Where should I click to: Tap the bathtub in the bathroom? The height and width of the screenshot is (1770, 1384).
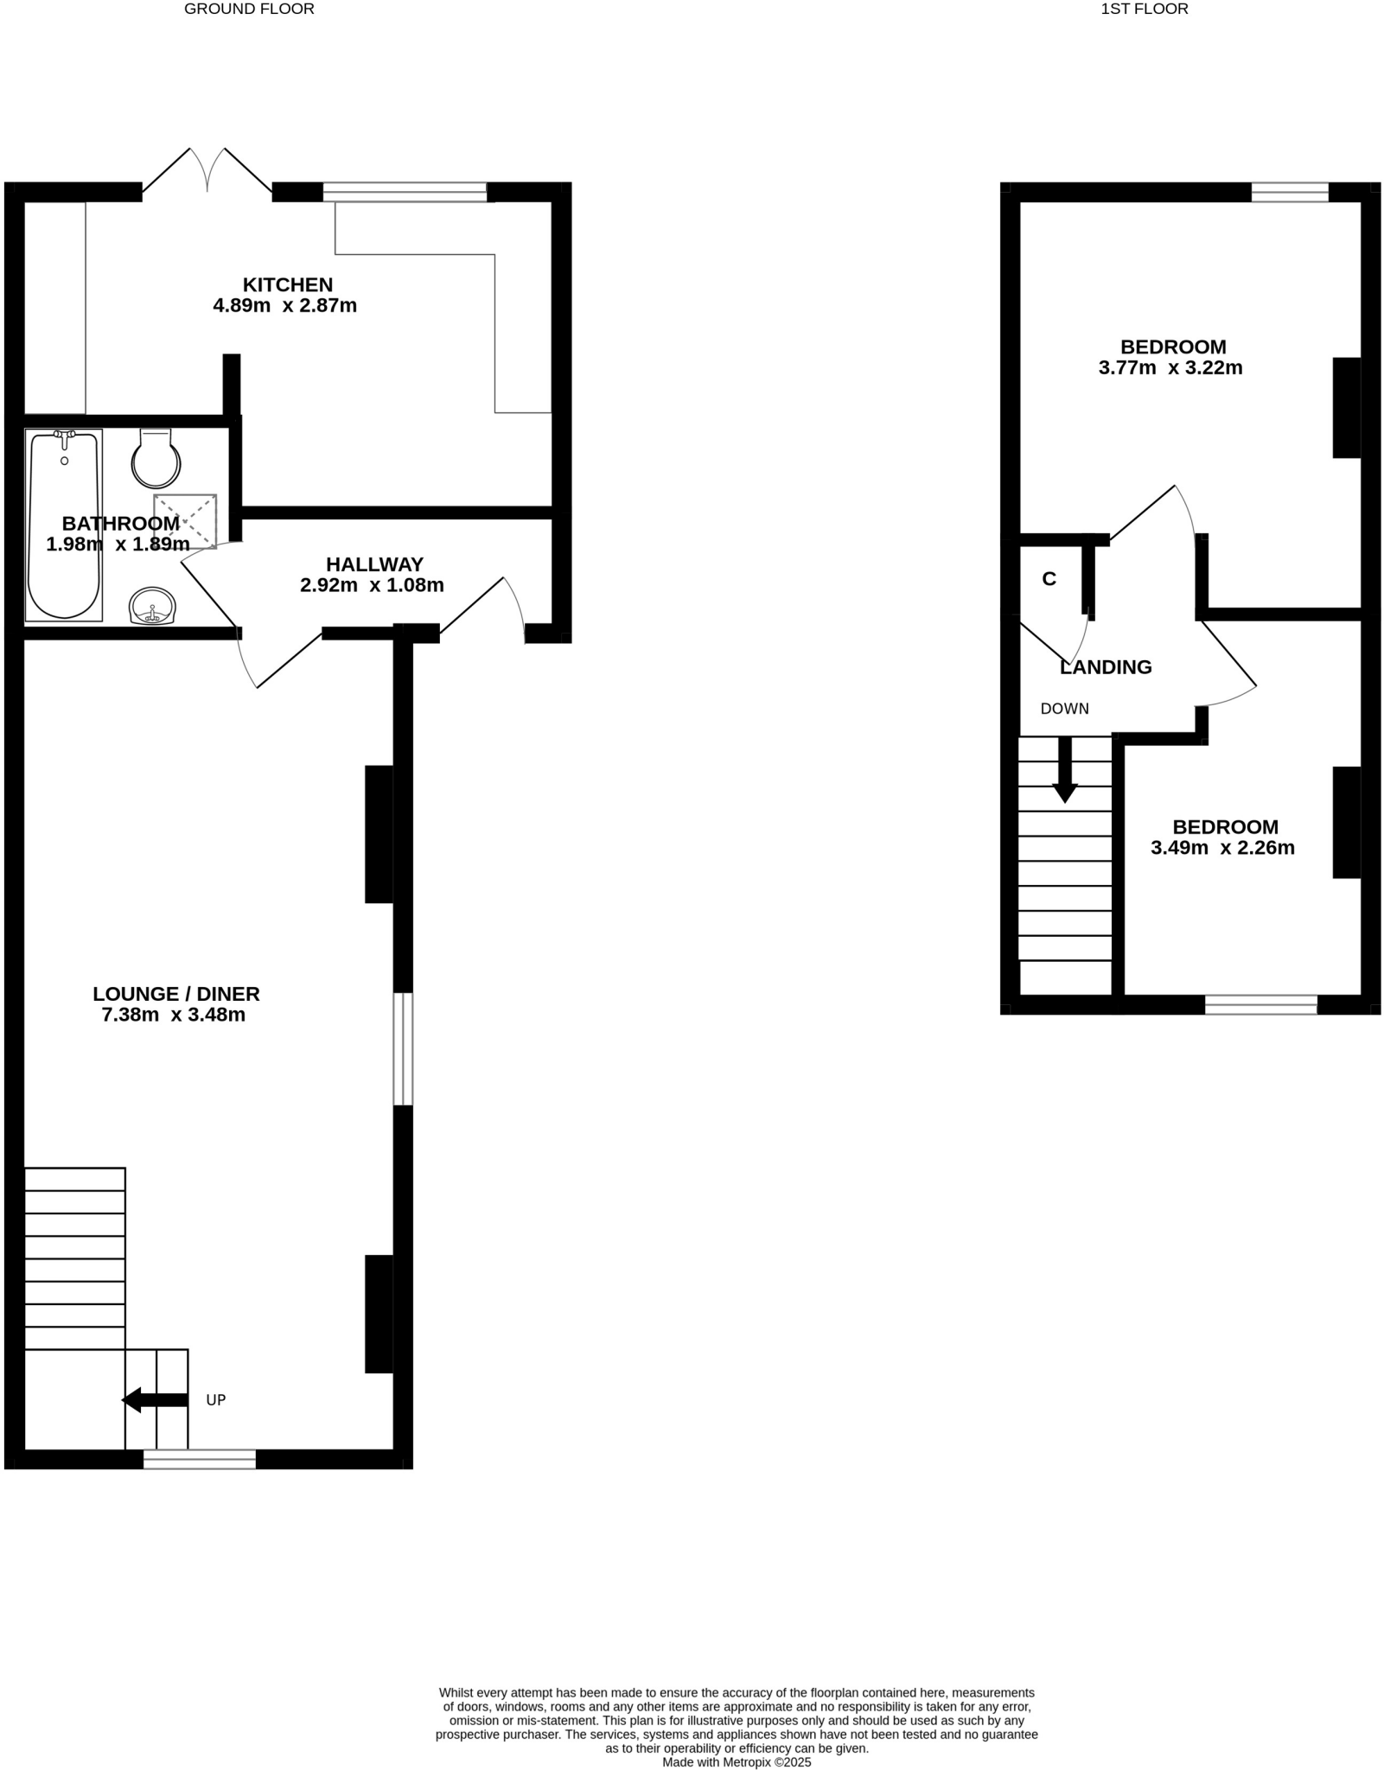click(x=64, y=525)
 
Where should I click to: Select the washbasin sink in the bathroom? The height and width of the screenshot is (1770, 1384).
click(x=152, y=605)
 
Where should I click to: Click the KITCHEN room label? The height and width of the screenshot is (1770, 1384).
click(x=287, y=284)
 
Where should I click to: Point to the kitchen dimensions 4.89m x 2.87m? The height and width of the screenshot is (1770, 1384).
click(x=284, y=305)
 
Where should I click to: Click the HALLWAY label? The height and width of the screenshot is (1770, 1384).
click(x=374, y=564)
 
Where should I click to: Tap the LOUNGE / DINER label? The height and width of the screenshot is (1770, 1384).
click(x=176, y=994)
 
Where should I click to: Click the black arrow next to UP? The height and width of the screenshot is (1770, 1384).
click(x=155, y=1399)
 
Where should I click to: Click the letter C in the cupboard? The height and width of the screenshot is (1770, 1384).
click(x=1049, y=579)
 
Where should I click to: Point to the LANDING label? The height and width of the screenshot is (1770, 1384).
click(x=1106, y=667)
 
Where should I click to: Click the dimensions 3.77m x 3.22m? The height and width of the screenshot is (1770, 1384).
click(x=1170, y=367)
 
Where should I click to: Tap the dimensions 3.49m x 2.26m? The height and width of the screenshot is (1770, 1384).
click(x=1222, y=848)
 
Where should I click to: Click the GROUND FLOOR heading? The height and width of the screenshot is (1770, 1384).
click(x=249, y=9)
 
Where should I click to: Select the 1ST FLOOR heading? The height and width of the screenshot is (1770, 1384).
click(x=1145, y=9)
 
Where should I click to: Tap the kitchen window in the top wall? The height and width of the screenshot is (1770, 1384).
click(x=405, y=192)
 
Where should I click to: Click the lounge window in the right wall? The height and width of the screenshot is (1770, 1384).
click(x=403, y=1048)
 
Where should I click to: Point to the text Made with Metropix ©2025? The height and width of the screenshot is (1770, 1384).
click(x=737, y=1762)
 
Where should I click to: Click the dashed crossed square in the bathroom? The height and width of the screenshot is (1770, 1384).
click(x=185, y=520)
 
